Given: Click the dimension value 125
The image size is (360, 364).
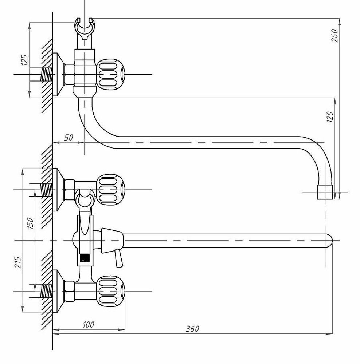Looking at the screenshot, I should point(25,60).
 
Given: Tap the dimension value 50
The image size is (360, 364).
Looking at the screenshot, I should point(69,137).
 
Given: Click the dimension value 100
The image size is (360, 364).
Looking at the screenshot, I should point(88,324).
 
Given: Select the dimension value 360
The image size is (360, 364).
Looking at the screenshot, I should point(192,329).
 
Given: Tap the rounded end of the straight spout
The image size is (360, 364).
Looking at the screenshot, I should point(328,241).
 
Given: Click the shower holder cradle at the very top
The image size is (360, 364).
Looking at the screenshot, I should point(85,29).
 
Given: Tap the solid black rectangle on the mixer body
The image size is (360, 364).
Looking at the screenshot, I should point(84,258).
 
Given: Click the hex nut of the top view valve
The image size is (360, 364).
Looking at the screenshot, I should point(69,74).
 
